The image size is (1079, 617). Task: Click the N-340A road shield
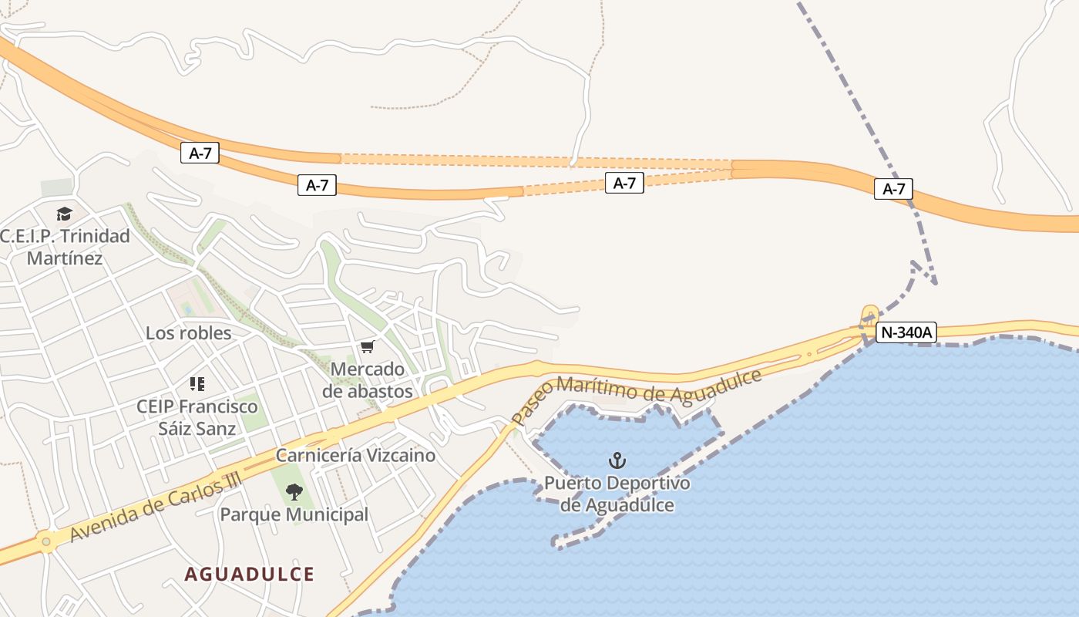tap(907, 333)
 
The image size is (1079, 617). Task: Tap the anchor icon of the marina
tap(617, 461)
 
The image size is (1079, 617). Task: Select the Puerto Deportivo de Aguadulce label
tap(617, 494)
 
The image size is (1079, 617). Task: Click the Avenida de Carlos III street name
tap(155, 506)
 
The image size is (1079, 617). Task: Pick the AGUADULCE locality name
tap(250, 574)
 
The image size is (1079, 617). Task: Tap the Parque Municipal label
tap(294, 514)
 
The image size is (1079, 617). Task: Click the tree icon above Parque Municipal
tap(294, 491)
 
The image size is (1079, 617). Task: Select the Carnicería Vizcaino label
tap(355, 455)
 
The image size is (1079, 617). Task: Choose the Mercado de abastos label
tap(367, 379)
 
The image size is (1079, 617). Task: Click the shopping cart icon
tap(367, 347)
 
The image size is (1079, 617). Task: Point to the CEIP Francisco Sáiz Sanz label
tap(197, 416)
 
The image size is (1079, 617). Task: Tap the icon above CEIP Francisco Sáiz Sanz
tap(197, 383)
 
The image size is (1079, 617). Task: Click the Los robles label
tap(188, 333)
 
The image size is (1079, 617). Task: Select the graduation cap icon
tap(64, 214)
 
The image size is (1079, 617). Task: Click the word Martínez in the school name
tap(65, 258)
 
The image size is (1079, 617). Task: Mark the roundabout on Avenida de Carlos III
tap(46, 542)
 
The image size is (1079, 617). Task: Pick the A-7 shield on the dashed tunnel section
tap(624, 183)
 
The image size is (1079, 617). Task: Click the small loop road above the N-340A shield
tap(870, 314)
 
